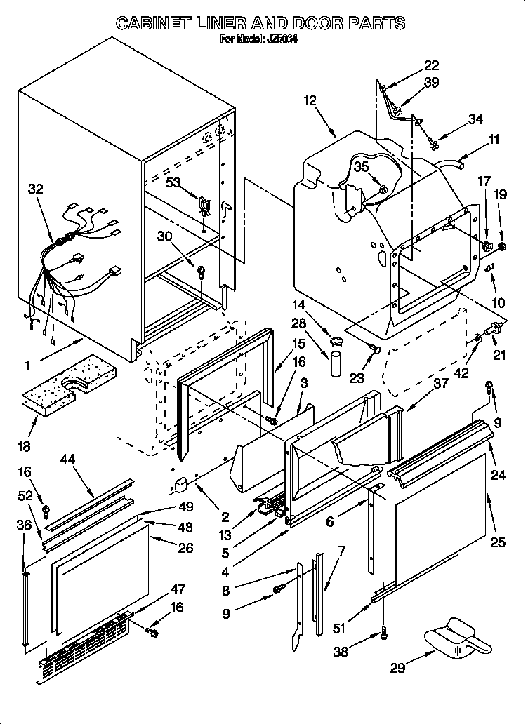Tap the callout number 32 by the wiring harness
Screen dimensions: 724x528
point(35,189)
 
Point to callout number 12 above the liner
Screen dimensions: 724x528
point(310,101)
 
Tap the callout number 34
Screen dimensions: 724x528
point(475,119)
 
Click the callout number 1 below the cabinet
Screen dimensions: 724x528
point(27,365)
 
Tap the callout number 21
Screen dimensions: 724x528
point(499,356)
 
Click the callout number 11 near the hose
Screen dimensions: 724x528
point(494,139)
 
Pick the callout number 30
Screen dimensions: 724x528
point(165,236)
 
